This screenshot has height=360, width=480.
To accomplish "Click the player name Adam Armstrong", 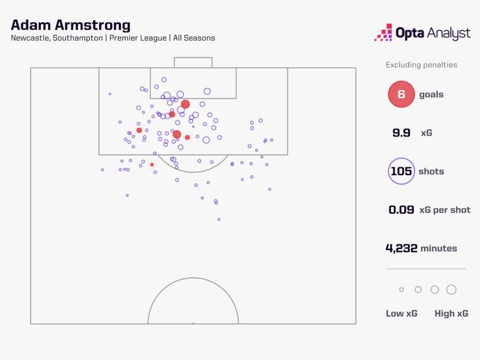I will point(71,25).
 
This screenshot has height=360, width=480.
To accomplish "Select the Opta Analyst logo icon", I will point(384,33).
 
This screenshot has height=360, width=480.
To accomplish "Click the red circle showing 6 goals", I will point(401,95).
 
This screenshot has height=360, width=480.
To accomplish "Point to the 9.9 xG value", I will point(401,133).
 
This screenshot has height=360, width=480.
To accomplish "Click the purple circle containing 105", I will point(401,171).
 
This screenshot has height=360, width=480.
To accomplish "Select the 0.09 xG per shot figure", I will point(401,210).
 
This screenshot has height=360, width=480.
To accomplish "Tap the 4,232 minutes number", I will point(401,248).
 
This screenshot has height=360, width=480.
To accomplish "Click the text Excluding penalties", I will point(421,65).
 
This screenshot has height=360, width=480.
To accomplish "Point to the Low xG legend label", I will point(402,313).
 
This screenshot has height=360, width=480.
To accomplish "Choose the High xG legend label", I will point(451,313).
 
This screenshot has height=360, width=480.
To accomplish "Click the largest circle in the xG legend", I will point(451,289).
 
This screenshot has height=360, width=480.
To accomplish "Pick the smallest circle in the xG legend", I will point(402,289).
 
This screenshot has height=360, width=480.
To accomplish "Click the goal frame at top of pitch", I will point(193,62).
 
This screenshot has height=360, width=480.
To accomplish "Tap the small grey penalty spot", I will point(193,127).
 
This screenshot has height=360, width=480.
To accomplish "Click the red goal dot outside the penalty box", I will point(152,165).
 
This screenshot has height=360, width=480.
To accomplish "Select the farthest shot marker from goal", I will point(219,219).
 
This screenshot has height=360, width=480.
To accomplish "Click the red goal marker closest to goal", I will point(185,104).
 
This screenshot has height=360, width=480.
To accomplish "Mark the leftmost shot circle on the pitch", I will point(102,169).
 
